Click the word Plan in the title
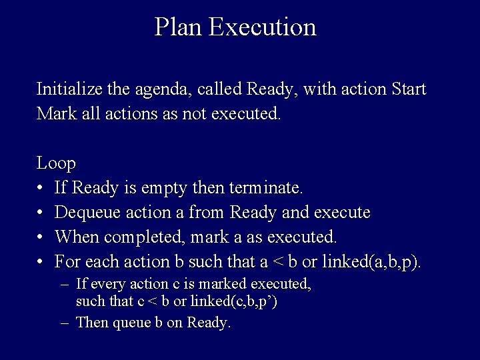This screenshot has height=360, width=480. [178, 28]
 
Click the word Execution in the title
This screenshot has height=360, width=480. [262, 28]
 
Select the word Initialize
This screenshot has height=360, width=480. [65, 89]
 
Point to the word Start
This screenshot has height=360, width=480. [409, 89]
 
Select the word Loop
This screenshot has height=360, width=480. [56, 163]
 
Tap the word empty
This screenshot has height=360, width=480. [165, 188]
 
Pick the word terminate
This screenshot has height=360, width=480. [266, 188]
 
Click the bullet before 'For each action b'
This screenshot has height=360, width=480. [41, 261]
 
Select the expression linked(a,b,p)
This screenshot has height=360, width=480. [371, 261]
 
